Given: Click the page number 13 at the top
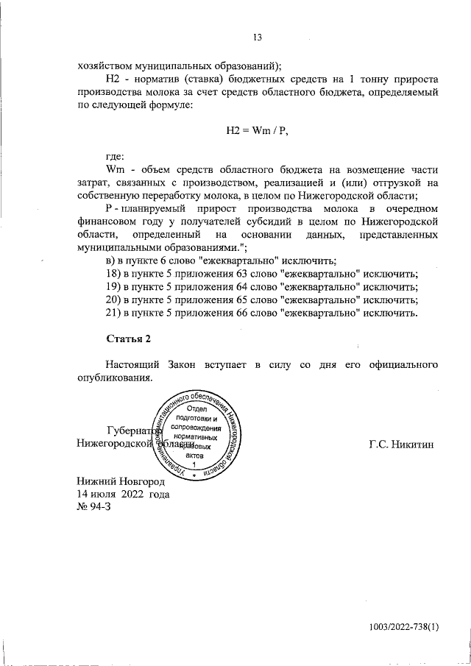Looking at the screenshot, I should pyautogui.click(x=258, y=38).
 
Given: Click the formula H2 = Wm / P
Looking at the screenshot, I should pyautogui.click(x=257, y=131).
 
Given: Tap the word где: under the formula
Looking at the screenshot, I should pyautogui.click(x=116, y=157).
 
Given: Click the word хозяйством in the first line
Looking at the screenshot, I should pyautogui.click(x=109, y=64).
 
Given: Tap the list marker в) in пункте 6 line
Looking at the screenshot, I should pyautogui.click(x=112, y=261).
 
